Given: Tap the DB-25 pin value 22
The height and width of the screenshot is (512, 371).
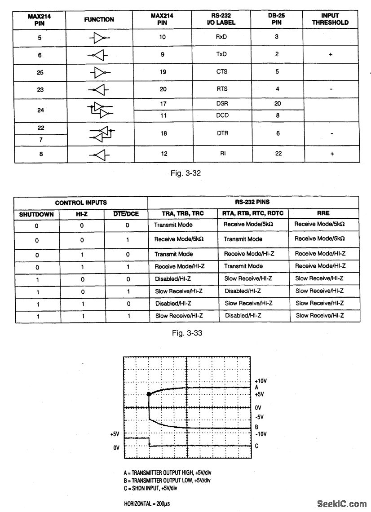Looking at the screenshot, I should (x=278, y=153).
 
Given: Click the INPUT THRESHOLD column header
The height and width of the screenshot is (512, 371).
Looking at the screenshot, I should (x=331, y=19).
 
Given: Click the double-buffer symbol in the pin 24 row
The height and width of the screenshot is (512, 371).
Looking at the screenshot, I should (x=100, y=110).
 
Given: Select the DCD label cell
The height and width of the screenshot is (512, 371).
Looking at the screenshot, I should (x=222, y=115).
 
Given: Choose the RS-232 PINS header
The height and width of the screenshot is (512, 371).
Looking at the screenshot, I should (x=253, y=202).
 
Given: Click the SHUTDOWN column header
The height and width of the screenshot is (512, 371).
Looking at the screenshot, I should (x=36, y=214).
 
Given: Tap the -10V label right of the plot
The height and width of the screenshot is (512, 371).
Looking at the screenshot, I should (x=261, y=434).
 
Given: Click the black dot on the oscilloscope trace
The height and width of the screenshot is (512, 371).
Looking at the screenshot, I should (x=149, y=394).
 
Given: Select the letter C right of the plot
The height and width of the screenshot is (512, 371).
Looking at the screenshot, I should (x=256, y=446).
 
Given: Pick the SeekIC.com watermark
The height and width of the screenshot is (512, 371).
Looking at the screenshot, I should (x=342, y=503).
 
